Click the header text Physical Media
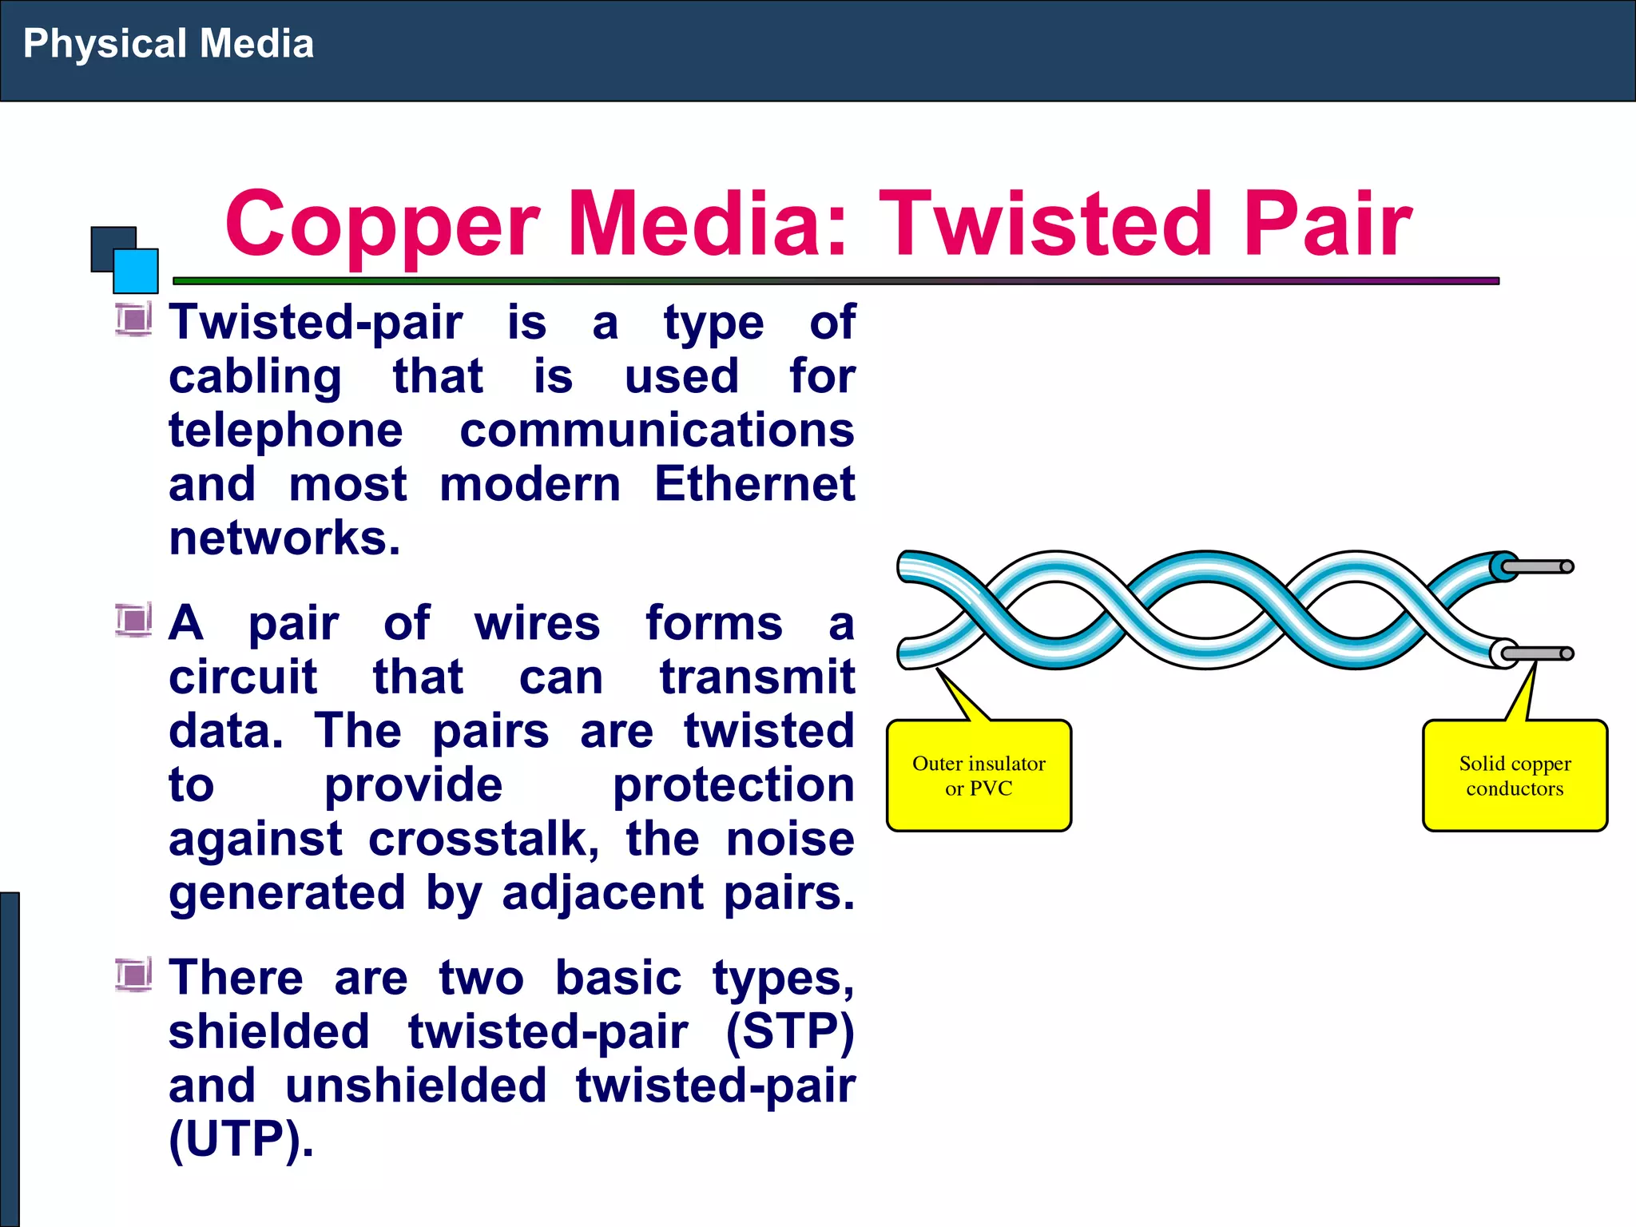coord(168,44)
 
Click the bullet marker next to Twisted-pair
coord(133,320)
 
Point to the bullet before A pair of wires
coord(133,621)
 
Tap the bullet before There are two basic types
coord(133,975)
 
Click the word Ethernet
coord(754,484)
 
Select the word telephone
coord(285,431)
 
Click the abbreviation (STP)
coord(789,1031)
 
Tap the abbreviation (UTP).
coord(240,1138)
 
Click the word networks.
coord(284,538)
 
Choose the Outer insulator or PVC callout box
coord(979,776)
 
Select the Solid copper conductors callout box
coord(1515,776)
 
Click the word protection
coord(733,786)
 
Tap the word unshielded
coord(415,1086)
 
